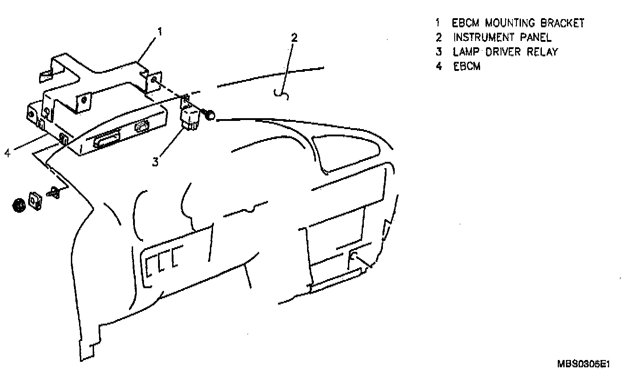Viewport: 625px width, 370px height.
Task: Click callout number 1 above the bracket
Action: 160,31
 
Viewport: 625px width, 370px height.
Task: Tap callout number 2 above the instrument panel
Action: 294,37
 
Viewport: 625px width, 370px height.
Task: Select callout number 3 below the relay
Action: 156,162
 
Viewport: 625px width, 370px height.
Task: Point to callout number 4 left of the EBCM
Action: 7,153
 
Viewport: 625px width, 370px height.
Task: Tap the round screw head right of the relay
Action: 211,116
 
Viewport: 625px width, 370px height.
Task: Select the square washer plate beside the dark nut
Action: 35,200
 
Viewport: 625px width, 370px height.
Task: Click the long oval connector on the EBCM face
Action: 107,138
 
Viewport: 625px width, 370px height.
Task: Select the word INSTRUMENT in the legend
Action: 484,38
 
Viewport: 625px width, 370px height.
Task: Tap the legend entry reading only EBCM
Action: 466,66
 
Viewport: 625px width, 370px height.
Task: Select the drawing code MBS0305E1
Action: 583,364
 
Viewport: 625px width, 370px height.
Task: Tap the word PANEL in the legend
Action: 536,38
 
